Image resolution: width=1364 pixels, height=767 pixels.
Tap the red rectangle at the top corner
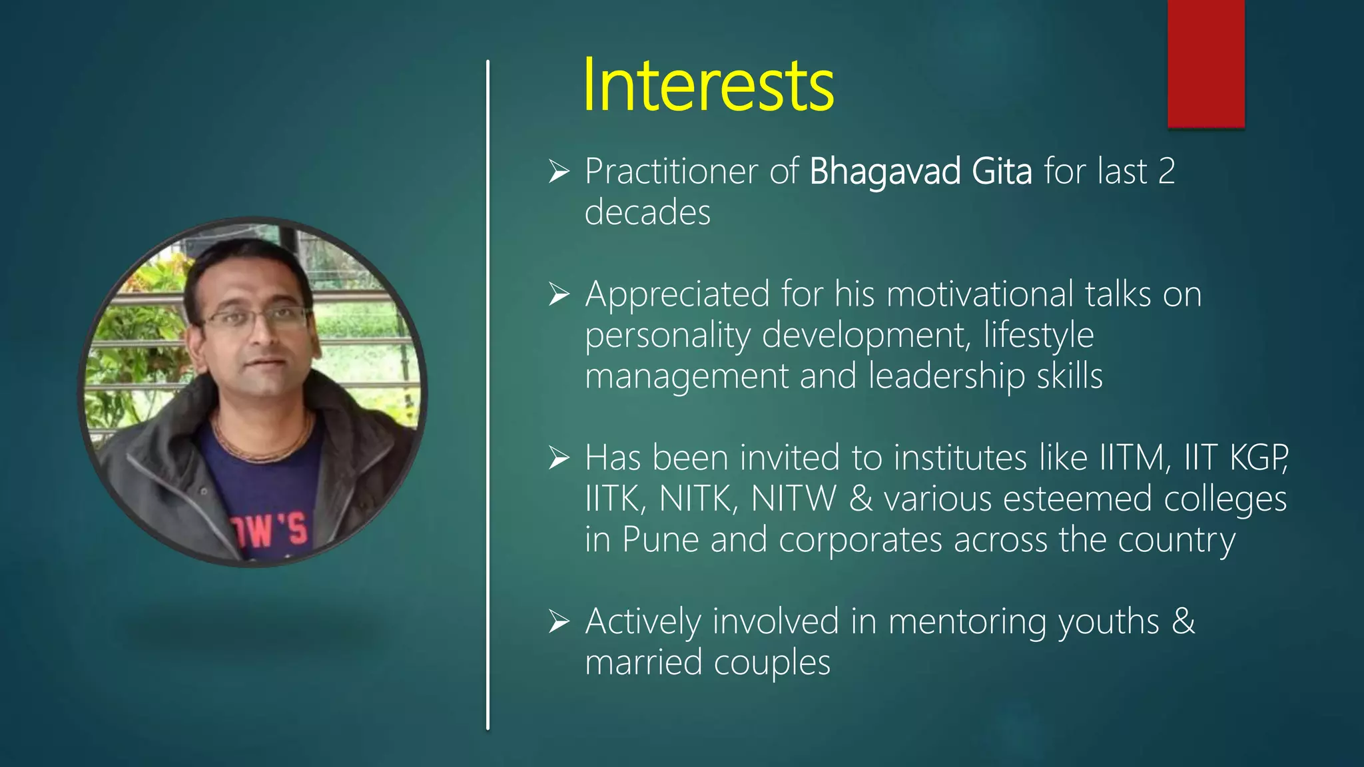[1205, 63]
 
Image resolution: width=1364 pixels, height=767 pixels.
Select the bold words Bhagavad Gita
[920, 171]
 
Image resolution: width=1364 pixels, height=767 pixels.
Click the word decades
[647, 212]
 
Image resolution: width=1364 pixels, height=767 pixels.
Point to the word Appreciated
[677, 294]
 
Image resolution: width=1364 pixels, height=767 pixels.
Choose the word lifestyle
[1038, 335]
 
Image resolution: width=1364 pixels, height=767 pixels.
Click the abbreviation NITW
[793, 499]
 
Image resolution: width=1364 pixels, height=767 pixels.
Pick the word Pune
[660, 540]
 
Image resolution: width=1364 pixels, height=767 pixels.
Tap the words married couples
[707, 663]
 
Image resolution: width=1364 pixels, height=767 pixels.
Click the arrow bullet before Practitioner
[559, 172]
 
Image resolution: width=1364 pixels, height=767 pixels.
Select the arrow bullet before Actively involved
[559, 623]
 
